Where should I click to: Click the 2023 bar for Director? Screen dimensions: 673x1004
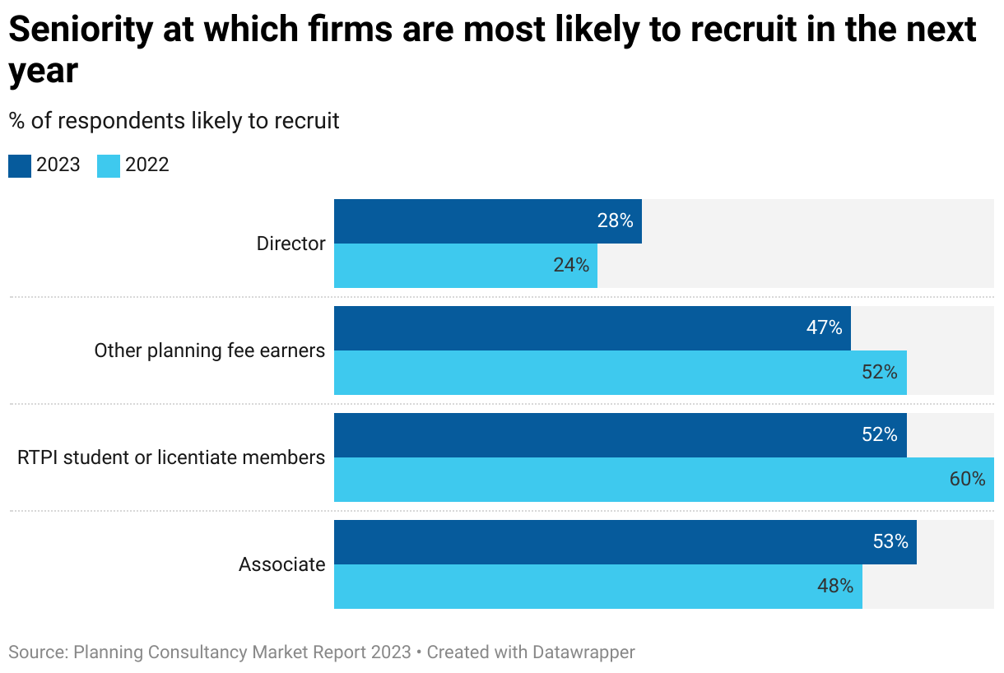(487, 221)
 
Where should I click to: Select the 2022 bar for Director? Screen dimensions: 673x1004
(465, 266)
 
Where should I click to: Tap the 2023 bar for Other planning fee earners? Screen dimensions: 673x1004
(592, 328)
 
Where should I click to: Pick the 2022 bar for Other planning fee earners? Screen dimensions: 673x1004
(620, 373)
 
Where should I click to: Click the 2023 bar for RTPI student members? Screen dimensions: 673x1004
(620, 435)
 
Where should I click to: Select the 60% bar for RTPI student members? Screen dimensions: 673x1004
(663, 480)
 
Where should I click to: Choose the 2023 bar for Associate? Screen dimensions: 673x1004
(625, 542)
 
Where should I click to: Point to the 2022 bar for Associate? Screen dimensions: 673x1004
(597, 587)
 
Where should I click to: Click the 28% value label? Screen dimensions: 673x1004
(615, 221)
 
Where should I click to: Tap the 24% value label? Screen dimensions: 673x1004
(571, 266)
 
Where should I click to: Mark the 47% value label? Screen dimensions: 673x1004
(824, 328)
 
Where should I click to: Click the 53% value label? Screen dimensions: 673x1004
(890, 542)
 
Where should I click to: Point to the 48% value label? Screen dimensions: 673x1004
(835, 587)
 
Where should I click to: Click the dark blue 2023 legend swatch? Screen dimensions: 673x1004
(20, 165)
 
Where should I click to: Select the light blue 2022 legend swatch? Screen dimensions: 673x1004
(109, 165)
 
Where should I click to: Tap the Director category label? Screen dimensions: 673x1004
(291, 244)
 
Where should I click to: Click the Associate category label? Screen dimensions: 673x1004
(281, 565)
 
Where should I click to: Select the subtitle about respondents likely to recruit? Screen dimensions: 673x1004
(174, 121)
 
